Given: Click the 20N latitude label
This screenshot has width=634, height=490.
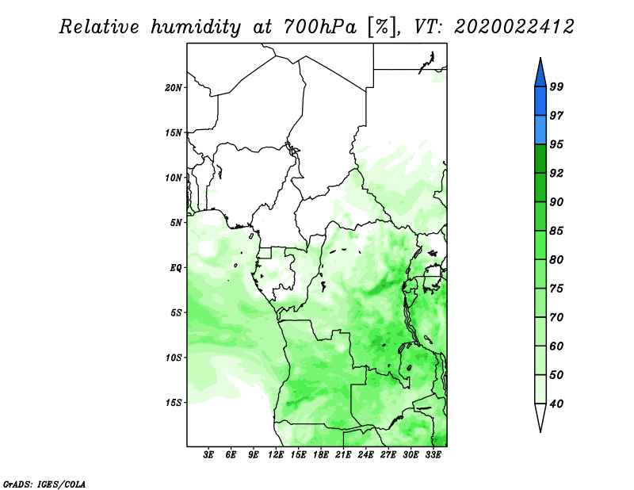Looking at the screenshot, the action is click(174, 88).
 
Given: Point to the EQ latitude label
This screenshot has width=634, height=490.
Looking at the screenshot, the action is click(176, 268).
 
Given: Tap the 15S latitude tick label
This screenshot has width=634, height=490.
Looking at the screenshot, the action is click(174, 403).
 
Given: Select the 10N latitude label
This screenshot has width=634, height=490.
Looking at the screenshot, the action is click(174, 178).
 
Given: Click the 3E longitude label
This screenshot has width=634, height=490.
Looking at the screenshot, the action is click(208, 454).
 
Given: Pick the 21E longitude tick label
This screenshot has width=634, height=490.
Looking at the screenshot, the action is click(343, 454).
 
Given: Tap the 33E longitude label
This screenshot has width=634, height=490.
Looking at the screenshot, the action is click(433, 454).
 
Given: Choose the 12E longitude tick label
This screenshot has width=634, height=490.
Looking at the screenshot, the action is click(276, 454).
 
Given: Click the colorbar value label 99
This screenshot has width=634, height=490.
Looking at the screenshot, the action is click(556, 86).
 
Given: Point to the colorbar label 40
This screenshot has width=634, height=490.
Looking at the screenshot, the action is click(556, 404).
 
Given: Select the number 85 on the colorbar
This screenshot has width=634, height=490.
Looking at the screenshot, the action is click(556, 231).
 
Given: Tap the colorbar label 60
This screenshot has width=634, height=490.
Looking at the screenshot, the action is click(556, 346).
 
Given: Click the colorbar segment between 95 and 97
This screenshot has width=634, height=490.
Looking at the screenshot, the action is click(540, 130).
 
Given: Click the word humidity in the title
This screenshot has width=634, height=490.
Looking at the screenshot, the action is click(196, 28).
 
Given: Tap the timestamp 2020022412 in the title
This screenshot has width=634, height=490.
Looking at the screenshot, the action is click(514, 27).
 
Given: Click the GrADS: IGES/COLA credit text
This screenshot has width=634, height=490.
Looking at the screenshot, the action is click(44, 484).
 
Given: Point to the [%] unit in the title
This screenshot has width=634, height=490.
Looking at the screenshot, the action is click(382, 28).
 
